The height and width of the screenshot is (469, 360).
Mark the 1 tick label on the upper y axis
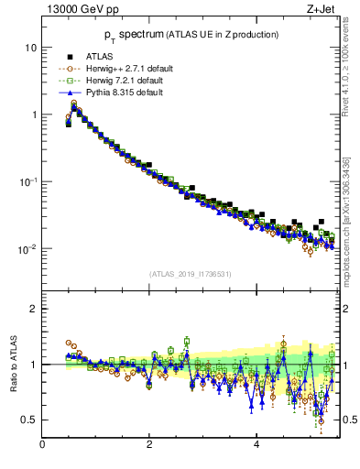[x=34, y=115]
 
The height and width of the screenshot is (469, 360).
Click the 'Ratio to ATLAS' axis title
[x=12, y=365]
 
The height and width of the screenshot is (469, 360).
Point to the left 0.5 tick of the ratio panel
[x=30, y=420]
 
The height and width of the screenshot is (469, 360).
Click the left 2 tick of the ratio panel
[x=34, y=309]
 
